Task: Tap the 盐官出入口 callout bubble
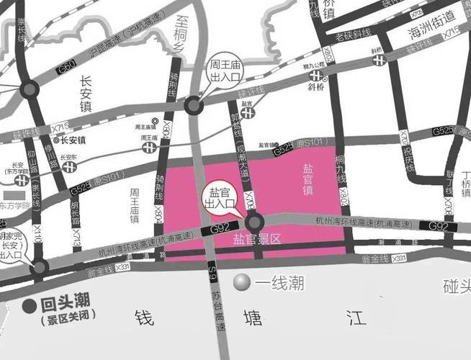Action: [220, 198]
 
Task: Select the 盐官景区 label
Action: [255, 238]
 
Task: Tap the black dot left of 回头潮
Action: [29, 305]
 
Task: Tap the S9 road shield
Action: [212, 269]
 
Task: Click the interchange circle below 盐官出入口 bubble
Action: [256, 222]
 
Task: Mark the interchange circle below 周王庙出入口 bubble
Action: [193, 106]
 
